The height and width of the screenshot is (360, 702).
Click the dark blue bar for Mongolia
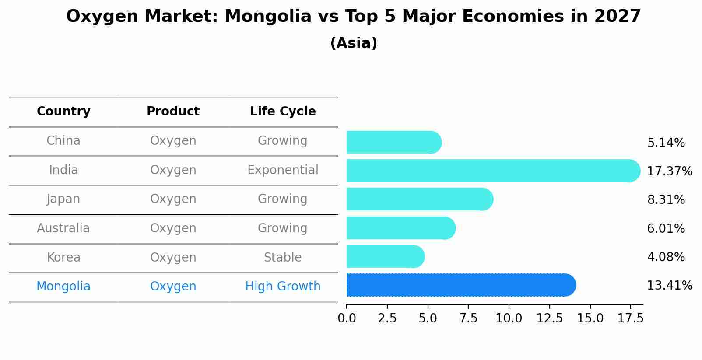(x=460, y=285)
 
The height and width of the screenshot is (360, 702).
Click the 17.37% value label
(x=669, y=171)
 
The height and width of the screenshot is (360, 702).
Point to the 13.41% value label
(x=669, y=286)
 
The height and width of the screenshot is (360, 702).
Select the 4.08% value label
(x=666, y=257)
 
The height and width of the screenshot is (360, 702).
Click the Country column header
(x=63, y=112)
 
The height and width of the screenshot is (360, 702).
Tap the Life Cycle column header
(x=283, y=112)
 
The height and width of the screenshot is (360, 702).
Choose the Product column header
(x=173, y=112)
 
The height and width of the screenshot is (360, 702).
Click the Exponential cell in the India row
(x=283, y=170)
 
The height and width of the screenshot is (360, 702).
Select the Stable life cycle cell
(x=283, y=258)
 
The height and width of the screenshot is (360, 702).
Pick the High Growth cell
(x=283, y=287)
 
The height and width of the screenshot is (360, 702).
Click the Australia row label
(x=63, y=228)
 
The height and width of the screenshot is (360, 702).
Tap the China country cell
(x=63, y=141)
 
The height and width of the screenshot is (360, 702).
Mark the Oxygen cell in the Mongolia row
(x=173, y=287)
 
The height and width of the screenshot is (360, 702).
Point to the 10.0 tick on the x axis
(x=509, y=318)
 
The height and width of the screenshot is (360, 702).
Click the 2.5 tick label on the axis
(x=387, y=318)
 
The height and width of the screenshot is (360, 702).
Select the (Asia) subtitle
(x=354, y=43)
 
